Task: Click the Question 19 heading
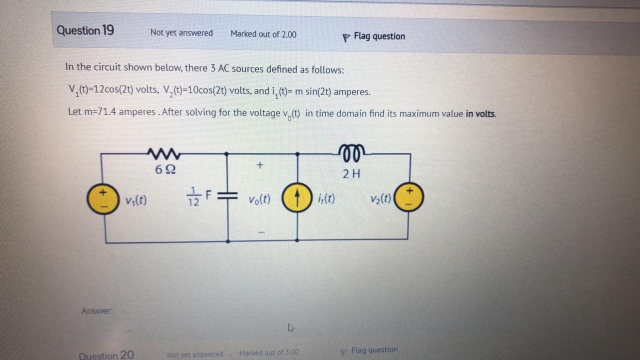[x=85, y=30]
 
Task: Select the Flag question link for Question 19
[x=378, y=36]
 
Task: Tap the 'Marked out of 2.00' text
[x=263, y=34]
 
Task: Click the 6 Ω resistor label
[x=165, y=170]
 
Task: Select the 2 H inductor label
[x=351, y=174]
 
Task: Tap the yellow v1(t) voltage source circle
[x=102, y=198]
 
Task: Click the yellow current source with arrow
[x=296, y=199]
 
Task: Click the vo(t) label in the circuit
[x=259, y=199]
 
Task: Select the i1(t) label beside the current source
[x=326, y=199]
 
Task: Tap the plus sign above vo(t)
[x=259, y=164]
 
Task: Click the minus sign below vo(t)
[x=260, y=232]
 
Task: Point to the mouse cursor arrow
[x=291, y=327]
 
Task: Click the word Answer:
[x=97, y=311]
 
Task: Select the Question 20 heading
[x=106, y=355]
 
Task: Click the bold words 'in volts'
[x=480, y=113]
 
